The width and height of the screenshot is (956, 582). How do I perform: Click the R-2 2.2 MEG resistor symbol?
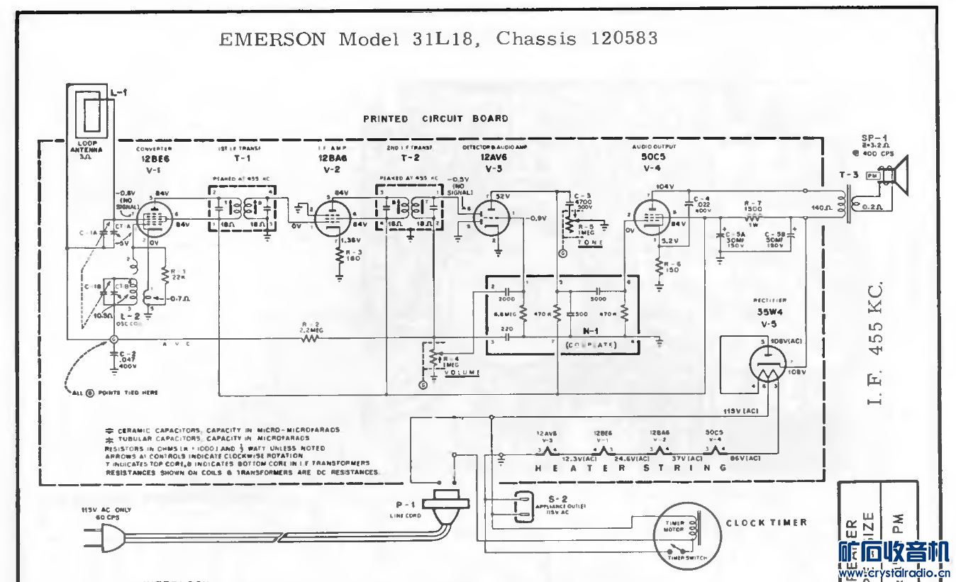point(310,339)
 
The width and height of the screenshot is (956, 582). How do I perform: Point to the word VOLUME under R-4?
point(463,372)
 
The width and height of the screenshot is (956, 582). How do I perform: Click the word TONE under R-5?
point(590,243)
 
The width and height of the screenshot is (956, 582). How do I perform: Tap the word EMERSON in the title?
point(273,39)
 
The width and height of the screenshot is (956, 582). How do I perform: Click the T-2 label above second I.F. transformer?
point(411,157)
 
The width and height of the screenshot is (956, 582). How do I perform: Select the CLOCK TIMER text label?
point(766,522)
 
